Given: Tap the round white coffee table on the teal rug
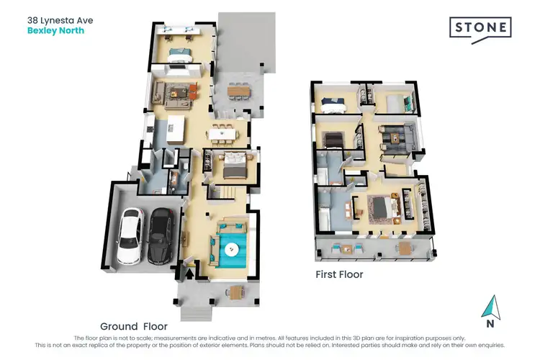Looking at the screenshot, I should [232, 249].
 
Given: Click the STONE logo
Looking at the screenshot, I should [480, 29].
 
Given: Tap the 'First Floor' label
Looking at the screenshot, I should [339, 274].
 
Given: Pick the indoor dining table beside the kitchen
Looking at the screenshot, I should [221, 132].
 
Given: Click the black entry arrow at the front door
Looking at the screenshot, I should [190, 272].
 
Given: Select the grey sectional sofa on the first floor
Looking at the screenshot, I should [397, 135].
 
